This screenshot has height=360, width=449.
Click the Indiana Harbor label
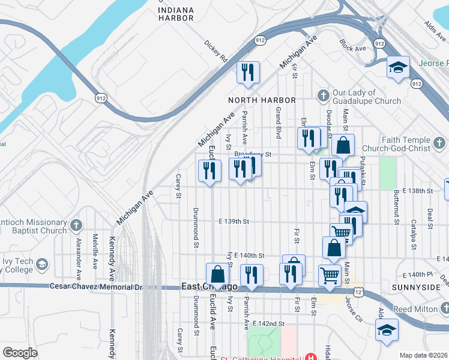click(176, 14)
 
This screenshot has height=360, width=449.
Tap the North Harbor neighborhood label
click(262, 100)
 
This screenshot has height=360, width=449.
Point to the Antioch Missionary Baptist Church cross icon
click(76, 226)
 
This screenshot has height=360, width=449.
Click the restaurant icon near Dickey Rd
click(248, 73)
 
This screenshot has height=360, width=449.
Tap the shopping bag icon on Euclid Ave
click(218, 275)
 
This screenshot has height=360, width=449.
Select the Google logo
click(20, 353)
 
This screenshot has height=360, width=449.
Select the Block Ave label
click(352, 45)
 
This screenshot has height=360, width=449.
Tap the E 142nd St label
click(268, 323)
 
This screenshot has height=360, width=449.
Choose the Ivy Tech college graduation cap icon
click(42, 264)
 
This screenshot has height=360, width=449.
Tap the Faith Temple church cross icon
click(440, 143)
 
